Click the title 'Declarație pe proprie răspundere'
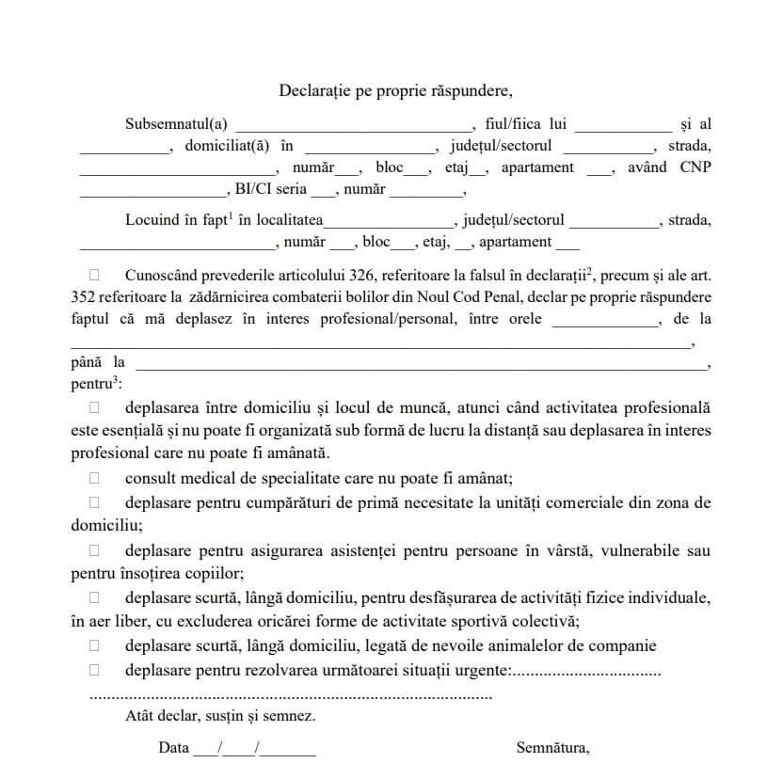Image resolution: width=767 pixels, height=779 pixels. [x=395, y=90]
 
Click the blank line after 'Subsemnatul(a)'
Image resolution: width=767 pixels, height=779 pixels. [x=353, y=126]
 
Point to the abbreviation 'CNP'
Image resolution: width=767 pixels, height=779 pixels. [x=695, y=167]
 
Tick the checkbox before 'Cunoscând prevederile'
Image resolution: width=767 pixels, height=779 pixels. [x=94, y=275]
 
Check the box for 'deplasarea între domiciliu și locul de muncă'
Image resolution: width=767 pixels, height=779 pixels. [x=94, y=407]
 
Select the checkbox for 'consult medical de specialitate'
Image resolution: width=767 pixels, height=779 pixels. [x=94, y=476]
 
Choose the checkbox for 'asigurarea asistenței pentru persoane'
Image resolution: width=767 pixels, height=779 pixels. [x=94, y=549]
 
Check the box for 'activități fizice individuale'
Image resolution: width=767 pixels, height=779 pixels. [x=94, y=597]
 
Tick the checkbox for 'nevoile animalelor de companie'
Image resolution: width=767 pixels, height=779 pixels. [x=94, y=645]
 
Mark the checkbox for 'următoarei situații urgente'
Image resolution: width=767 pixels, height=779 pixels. [x=94, y=670]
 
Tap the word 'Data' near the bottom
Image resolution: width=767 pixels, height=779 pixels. [x=174, y=748]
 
